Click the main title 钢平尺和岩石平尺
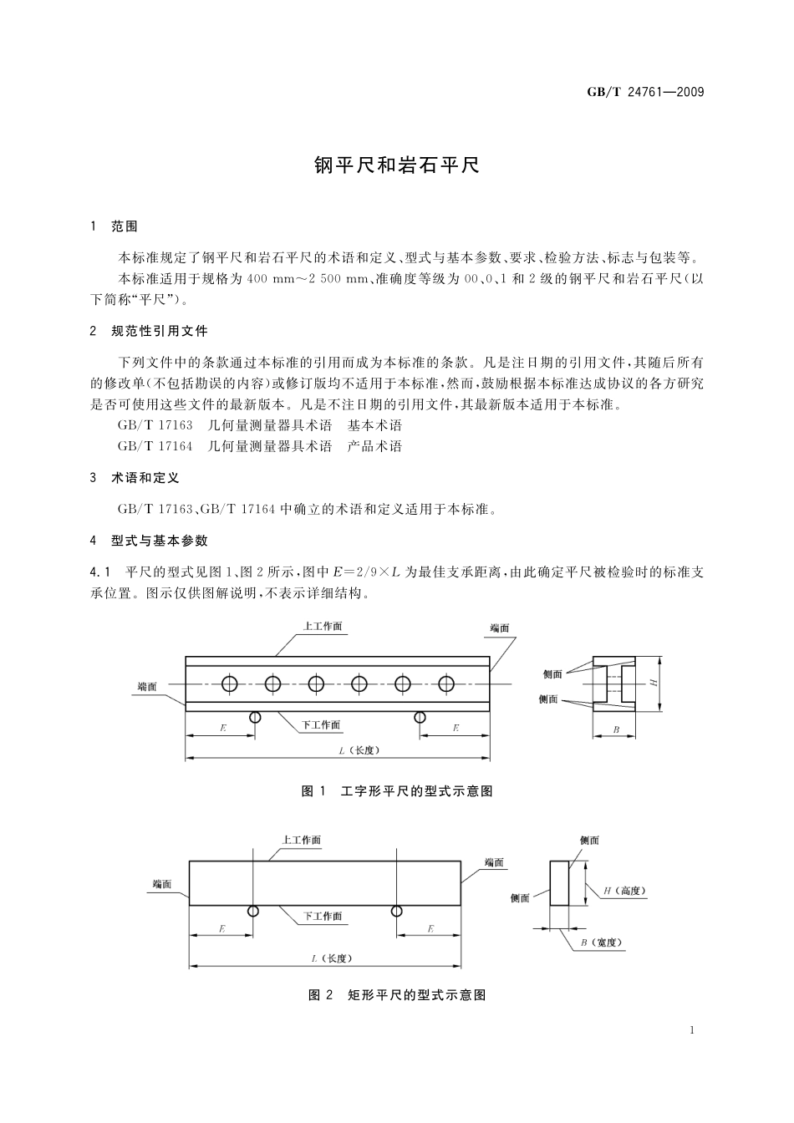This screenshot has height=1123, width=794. point(397,165)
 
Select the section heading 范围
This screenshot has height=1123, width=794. point(125,226)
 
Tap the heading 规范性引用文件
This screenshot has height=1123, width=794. point(160,331)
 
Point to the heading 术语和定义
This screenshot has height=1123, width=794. point(145,478)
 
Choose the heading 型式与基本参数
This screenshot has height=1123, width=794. point(160,541)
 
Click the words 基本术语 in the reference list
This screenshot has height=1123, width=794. point(374,425)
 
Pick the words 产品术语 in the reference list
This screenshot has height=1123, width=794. point(374,446)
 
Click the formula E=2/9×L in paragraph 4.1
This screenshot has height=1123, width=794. point(368,572)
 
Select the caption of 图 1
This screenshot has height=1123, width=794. point(397,790)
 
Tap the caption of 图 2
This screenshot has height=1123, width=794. point(397,994)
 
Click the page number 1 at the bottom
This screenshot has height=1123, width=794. point(693,1030)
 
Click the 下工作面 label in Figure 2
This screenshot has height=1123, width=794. point(322,916)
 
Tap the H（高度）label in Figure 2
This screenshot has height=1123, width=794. point(624,891)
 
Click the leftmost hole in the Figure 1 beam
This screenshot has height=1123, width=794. point(229,684)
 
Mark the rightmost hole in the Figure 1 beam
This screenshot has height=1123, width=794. point(446,684)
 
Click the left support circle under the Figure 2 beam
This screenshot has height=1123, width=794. point(252,911)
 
